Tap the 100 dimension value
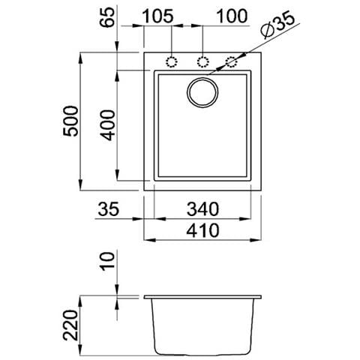[232, 16]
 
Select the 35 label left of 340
[109, 211]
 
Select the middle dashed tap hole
[202, 61]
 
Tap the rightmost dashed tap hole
[232, 61]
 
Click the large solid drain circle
[203, 92]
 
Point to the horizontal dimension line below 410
[202, 241]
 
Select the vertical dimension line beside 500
[82, 120]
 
